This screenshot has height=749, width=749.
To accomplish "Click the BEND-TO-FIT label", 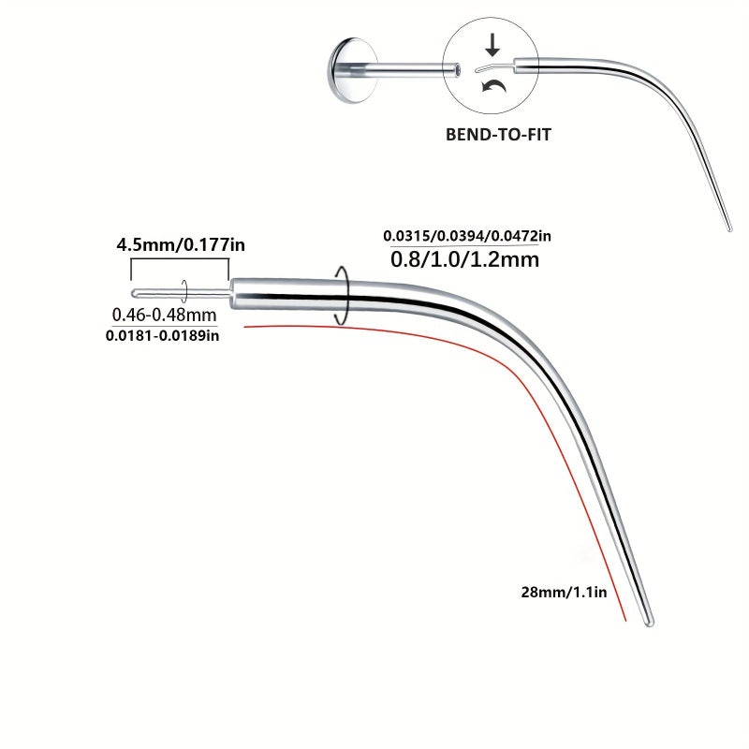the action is [x=498, y=134].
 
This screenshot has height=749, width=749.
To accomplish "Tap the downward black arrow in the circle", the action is [x=492, y=45].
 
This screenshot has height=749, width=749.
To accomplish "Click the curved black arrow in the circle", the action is [x=494, y=86].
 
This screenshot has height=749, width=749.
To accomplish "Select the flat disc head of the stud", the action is [x=352, y=70].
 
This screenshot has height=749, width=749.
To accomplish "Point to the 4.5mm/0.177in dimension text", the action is [x=181, y=245].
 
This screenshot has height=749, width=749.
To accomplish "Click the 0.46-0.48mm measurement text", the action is [x=164, y=315].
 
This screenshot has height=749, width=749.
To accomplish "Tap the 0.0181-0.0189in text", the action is [x=162, y=335].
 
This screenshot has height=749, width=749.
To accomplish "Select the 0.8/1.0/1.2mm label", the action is [x=464, y=259].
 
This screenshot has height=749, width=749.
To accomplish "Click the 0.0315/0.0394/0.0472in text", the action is [x=467, y=236].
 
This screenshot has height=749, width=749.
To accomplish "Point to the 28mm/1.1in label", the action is [x=564, y=593].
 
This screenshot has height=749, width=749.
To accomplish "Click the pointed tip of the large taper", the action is [x=650, y=624].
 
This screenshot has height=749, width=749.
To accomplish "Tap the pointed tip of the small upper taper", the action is [x=729, y=229].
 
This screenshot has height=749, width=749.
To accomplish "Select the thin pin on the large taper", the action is [x=181, y=293].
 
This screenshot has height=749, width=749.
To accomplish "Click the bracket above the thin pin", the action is [x=180, y=259].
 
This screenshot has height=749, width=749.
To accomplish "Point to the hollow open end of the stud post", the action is [x=457, y=70].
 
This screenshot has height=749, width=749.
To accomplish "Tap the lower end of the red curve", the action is [x=625, y=621].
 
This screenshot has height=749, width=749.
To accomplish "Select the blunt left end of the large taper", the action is [x=233, y=294].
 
